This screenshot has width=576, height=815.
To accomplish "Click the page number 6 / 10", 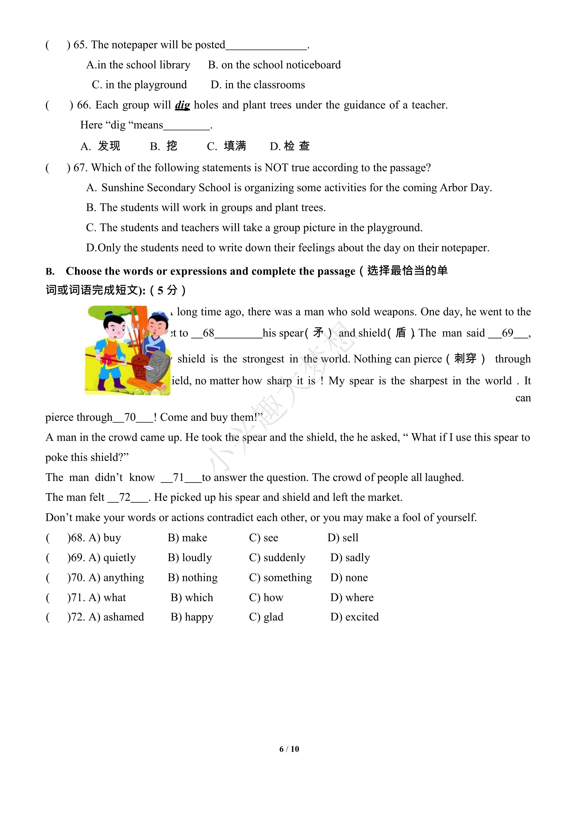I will [x=289, y=749].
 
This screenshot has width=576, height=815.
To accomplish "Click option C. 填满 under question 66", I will [x=226, y=146].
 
